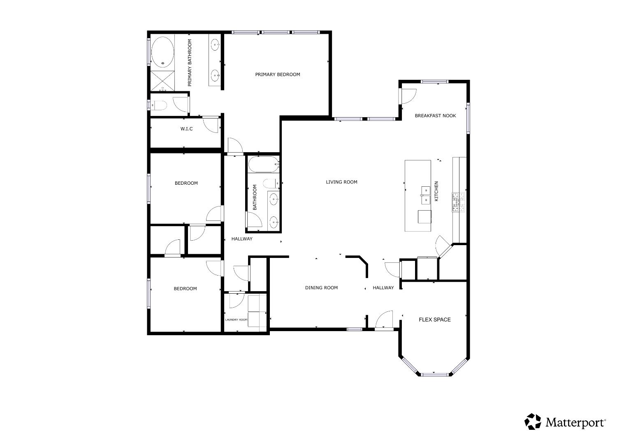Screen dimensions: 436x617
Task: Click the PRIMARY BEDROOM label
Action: pyautogui.click(x=277, y=74)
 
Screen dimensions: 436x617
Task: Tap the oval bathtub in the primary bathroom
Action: pyautogui.click(x=162, y=52)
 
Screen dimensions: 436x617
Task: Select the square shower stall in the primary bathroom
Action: pyautogui.click(x=162, y=81)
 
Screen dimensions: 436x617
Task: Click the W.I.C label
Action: pyautogui.click(x=186, y=129)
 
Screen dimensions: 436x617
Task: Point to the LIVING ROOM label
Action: pyautogui.click(x=341, y=182)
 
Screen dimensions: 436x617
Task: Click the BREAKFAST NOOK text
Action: pyautogui.click(x=435, y=116)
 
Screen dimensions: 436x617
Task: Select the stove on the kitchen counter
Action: pyautogui.click(x=459, y=202)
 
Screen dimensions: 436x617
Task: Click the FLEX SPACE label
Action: pyautogui.click(x=434, y=320)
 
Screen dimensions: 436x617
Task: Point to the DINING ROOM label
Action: pyautogui.click(x=321, y=288)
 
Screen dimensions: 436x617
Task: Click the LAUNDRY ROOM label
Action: pyautogui.click(x=236, y=320)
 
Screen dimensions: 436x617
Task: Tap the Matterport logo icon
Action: pyautogui.click(x=533, y=422)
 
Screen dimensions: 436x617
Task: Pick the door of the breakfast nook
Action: pyautogui.click(x=408, y=96)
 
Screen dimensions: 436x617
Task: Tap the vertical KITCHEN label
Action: pyautogui.click(x=436, y=191)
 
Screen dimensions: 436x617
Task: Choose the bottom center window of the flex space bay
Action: pyautogui.click(x=434, y=374)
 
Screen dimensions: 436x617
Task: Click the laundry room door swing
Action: pyautogui.click(x=236, y=300)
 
